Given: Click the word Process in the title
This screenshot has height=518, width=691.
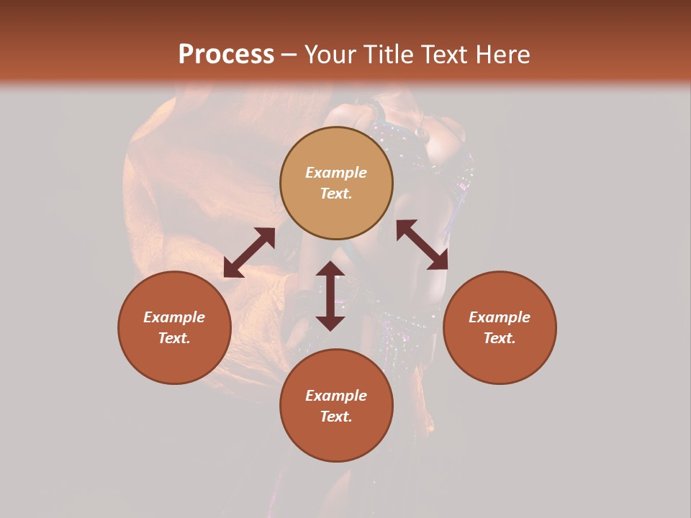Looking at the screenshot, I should (226, 55).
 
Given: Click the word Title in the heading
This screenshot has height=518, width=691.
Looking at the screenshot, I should (387, 55).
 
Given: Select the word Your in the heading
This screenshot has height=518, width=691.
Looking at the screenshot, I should (330, 55).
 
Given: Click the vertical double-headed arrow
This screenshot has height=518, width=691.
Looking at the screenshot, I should (330, 296).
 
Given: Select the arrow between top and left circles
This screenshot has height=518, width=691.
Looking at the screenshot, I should (249, 253).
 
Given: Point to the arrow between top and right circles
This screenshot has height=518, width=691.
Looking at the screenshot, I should (422, 245).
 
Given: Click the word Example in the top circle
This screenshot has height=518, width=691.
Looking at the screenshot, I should (336, 173).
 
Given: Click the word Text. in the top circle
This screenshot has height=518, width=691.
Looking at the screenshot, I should (336, 194).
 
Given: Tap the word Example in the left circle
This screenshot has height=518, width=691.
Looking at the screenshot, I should (174, 317).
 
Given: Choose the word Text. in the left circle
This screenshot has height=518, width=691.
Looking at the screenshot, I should (174, 338).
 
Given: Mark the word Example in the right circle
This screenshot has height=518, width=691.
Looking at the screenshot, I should (500, 317).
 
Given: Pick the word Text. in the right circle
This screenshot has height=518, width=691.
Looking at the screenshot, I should (500, 338).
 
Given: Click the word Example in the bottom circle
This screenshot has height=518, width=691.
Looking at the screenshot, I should (336, 396).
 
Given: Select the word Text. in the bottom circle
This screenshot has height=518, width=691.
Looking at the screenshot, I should (336, 417).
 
